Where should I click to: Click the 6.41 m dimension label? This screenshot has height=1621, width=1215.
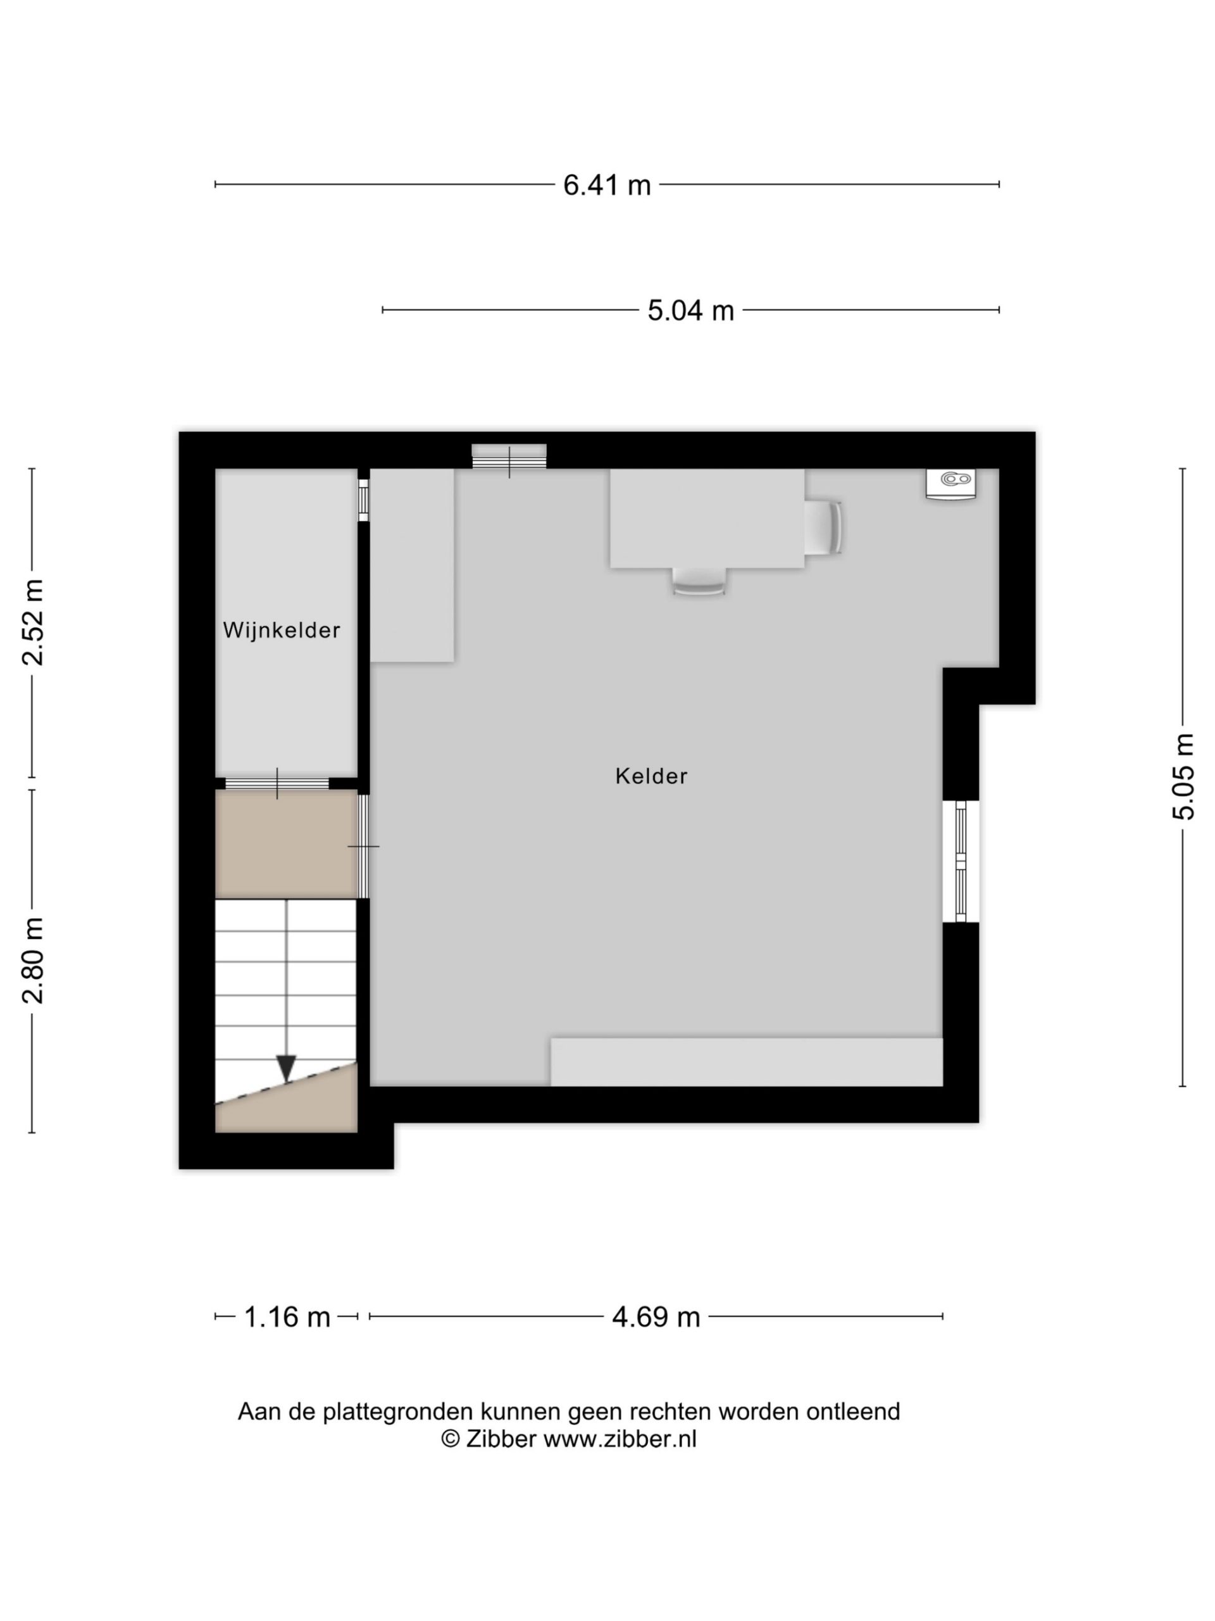click(x=606, y=185)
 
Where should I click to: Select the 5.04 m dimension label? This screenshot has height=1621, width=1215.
click(x=690, y=310)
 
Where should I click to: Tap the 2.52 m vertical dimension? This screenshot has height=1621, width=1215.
click(x=33, y=622)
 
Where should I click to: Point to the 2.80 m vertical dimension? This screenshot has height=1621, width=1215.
click(x=33, y=959)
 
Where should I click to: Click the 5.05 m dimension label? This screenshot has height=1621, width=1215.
click(x=1183, y=776)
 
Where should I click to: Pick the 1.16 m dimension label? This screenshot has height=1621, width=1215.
click(x=287, y=1317)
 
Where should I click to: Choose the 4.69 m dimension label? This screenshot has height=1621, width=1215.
click(x=656, y=1317)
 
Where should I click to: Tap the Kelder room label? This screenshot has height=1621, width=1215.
click(x=651, y=776)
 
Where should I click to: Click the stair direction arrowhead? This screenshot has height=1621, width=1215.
click(x=287, y=1067)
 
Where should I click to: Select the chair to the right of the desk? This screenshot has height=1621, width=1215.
click(x=823, y=527)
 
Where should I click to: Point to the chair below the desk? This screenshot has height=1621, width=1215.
click(x=699, y=581)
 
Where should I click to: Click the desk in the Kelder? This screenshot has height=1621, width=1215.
click(x=707, y=518)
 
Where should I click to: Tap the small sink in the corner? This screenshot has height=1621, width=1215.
click(x=950, y=484)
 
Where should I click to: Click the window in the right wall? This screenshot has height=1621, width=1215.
click(x=961, y=861)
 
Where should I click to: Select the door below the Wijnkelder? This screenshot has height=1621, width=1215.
click(x=277, y=783)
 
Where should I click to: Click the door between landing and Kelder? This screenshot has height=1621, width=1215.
click(x=363, y=847)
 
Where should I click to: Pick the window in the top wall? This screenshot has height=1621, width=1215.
click(x=509, y=457)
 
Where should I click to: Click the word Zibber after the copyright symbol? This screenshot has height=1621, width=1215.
click(x=502, y=1439)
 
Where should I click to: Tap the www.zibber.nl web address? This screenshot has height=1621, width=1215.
click(x=620, y=1439)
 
